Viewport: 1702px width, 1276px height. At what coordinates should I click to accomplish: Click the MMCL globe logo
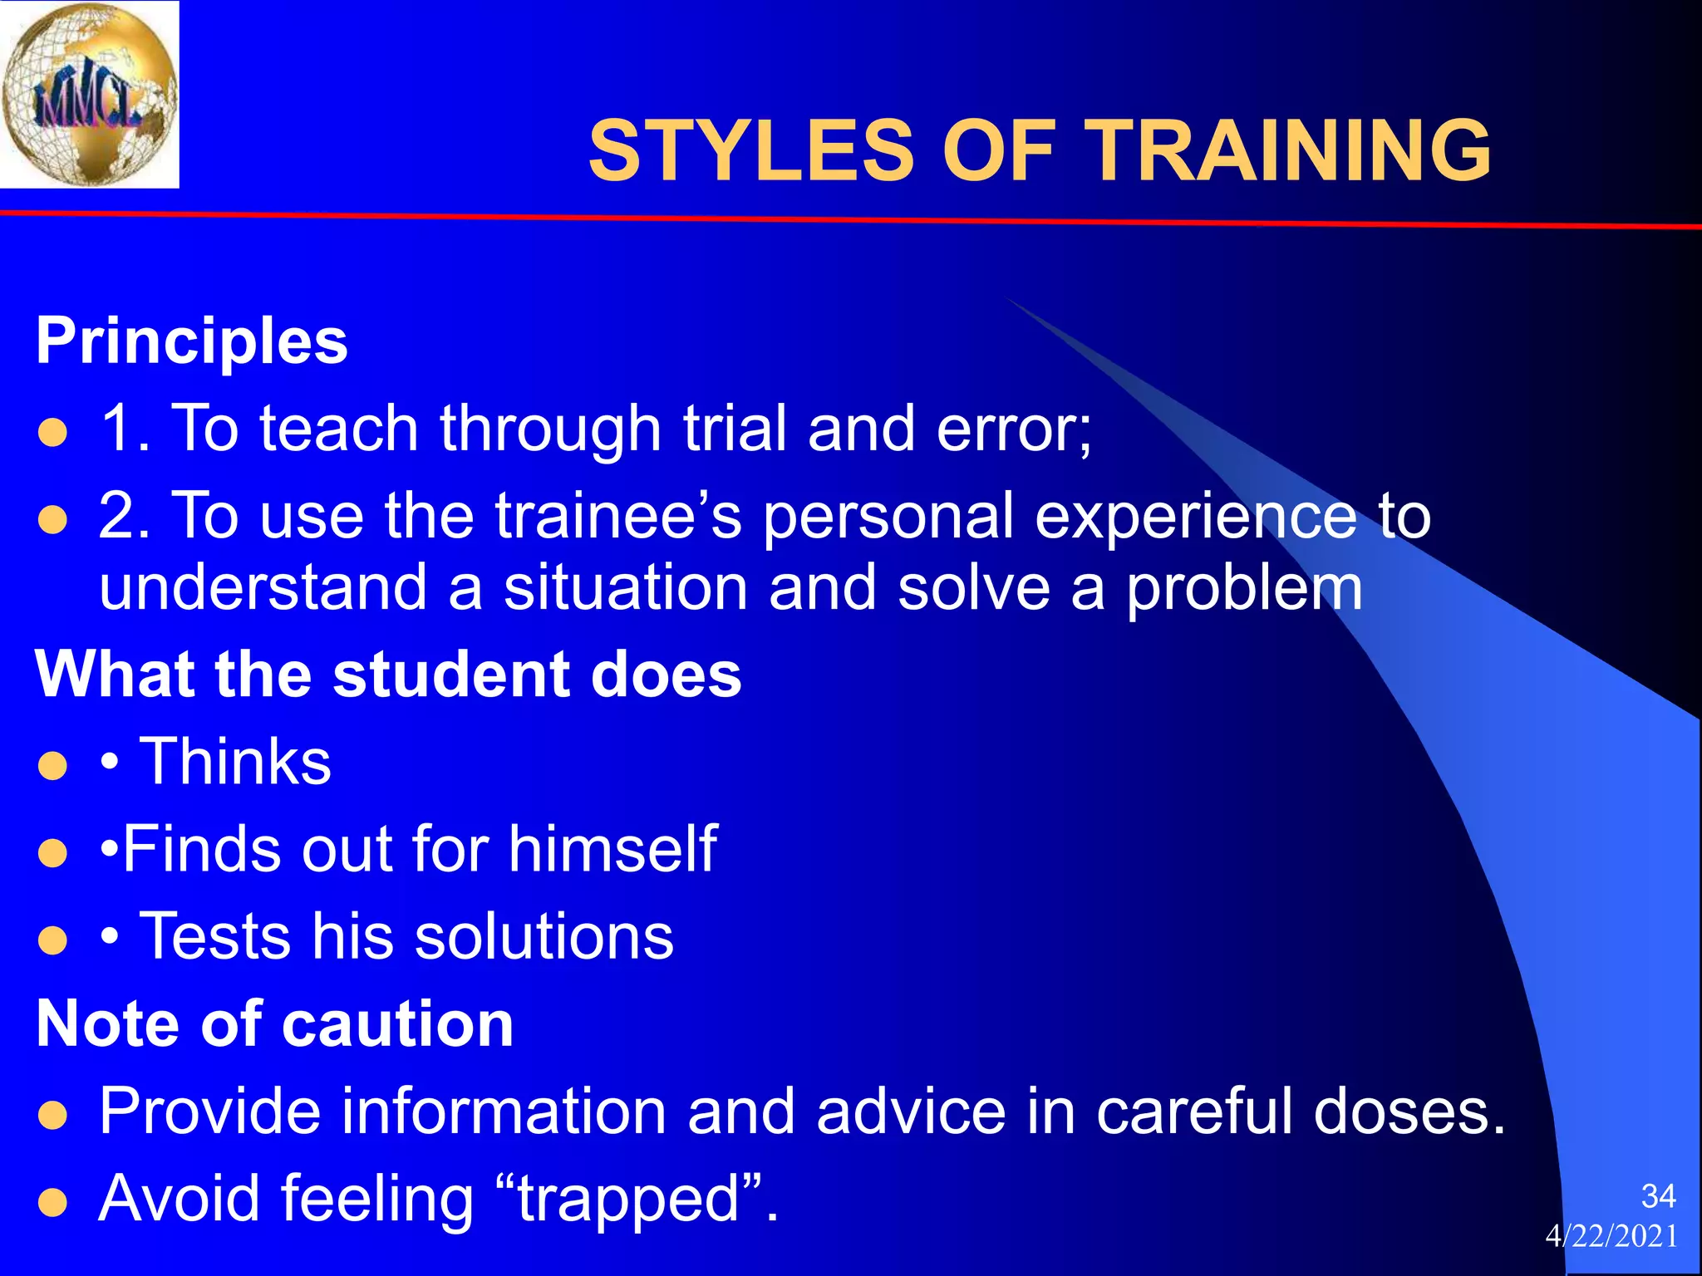(89, 94)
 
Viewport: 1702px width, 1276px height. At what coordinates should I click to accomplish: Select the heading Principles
(192, 341)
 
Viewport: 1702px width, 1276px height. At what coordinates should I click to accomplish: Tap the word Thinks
(235, 761)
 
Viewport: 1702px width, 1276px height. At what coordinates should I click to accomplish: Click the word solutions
(544, 936)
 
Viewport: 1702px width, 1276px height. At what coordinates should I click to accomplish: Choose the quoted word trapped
(628, 1200)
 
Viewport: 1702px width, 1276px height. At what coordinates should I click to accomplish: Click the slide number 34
(1658, 1196)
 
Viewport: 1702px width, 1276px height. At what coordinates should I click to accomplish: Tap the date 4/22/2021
(1611, 1236)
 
